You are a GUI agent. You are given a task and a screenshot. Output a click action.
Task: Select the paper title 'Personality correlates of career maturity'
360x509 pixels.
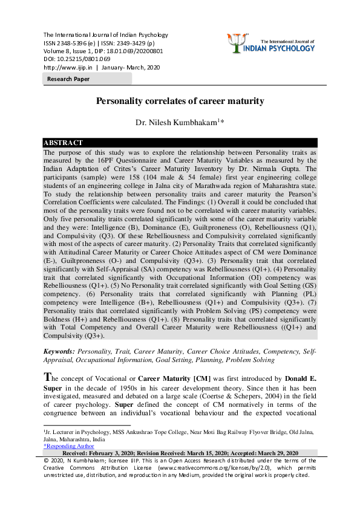[x=180, y=101]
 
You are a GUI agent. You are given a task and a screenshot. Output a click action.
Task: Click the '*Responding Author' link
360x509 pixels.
[x=68, y=446]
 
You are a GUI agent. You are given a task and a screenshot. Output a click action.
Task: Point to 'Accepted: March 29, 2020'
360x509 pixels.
[x=272, y=453]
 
